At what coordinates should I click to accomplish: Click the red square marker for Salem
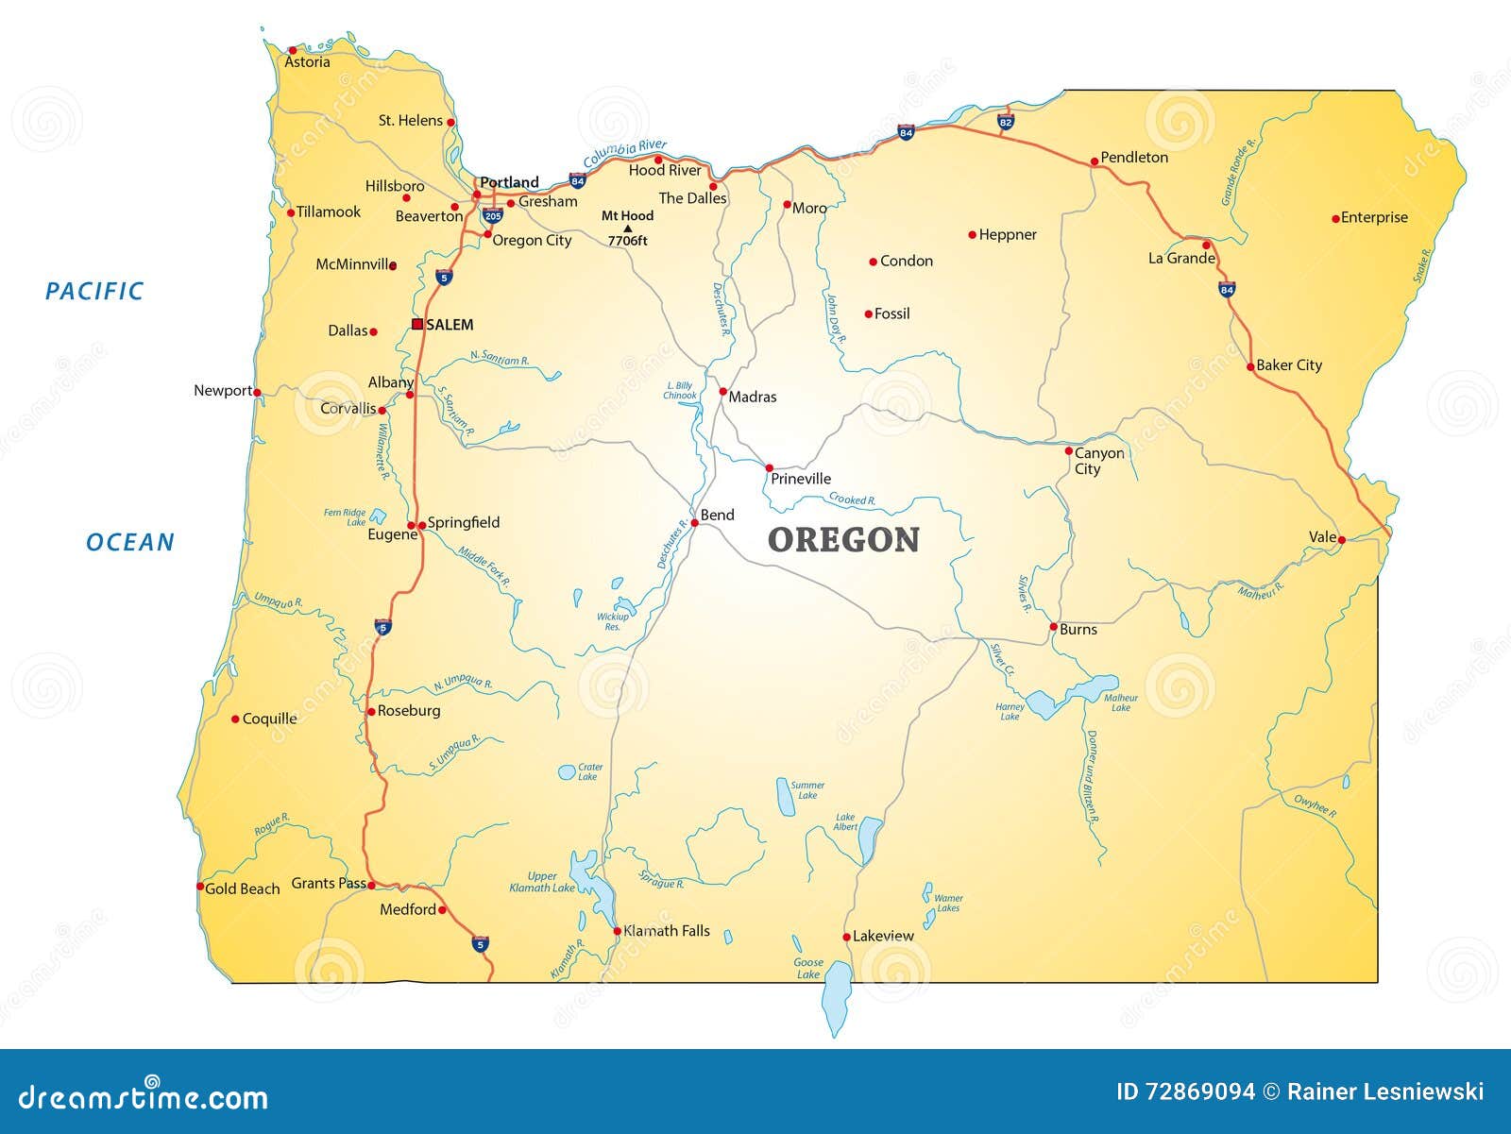pyautogui.click(x=417, y=324)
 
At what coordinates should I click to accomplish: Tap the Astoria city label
pyautogui.click(x=307, y=62)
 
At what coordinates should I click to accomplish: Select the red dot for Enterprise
pyautogui.click(x=1335, y=218)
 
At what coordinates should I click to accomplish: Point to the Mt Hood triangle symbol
pyautogui.click(x=628, y=228)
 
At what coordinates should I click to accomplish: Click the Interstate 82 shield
pyautogui.click(x=1005, y=122)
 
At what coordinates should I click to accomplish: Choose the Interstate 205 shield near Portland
pyautogui.click(x=492, y=215)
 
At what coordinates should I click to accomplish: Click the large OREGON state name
pyautogui.click(x=843, y=540)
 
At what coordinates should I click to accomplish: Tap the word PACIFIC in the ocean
pyautogui.click(x=94, y=291)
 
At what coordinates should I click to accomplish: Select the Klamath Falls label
pyautogui.click(x=667, y=931)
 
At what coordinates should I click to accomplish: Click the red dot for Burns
pyautogui.click(x=1053, y=627)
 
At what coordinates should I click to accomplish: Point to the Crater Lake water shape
pyautogui.click(x=567, y=772)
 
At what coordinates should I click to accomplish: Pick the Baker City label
pyautogui.click(x=1289, y=365)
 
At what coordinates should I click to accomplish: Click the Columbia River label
pyautogui.click(x=624, y=152)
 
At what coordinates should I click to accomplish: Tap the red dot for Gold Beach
pyautogui.click(x=200, y=887)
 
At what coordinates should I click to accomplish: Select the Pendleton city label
pyautogui.click(x=1134, y=158)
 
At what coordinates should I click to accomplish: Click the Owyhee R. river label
pyautogui.click(x=1315, y=805)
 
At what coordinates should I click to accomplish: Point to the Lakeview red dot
pyautogui.click(x=846, y=937)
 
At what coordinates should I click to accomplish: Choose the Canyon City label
pyautogui.click(x=1098, y=461)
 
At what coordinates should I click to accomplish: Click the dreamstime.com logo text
pyautogui.click(x=144, y=1097)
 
